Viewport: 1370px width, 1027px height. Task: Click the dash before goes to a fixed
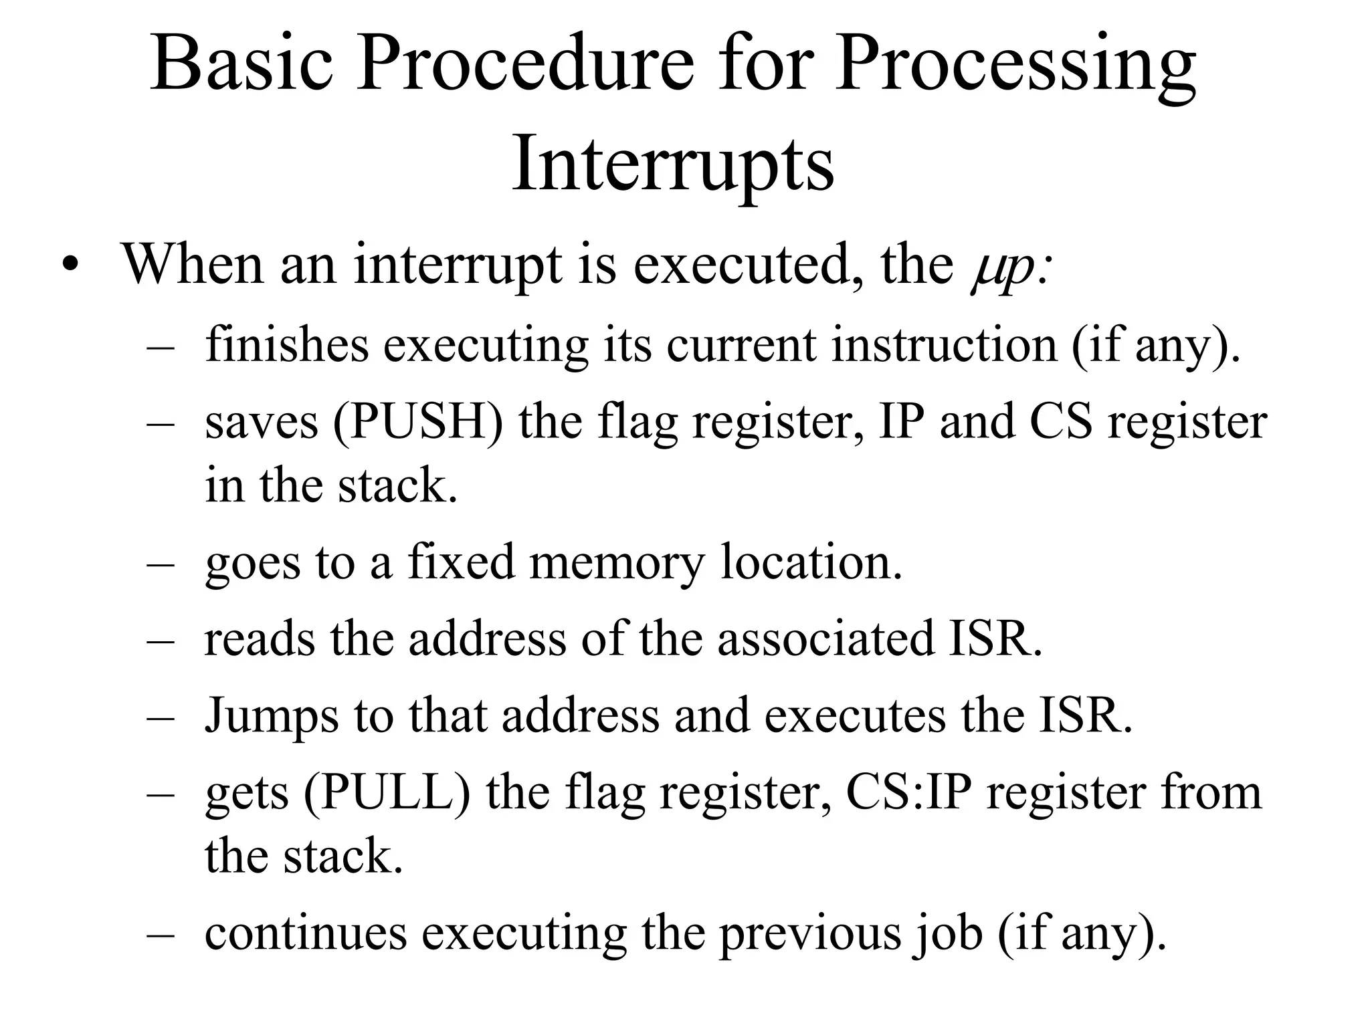161,564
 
